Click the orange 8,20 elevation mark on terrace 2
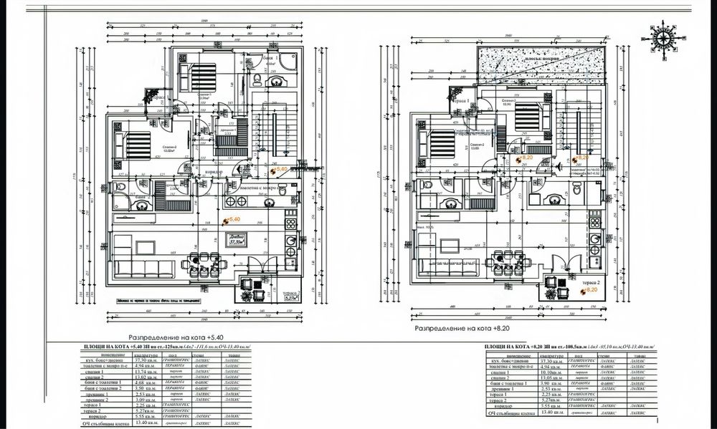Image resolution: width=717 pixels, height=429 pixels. pyautogui.click(x=588, y=290)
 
